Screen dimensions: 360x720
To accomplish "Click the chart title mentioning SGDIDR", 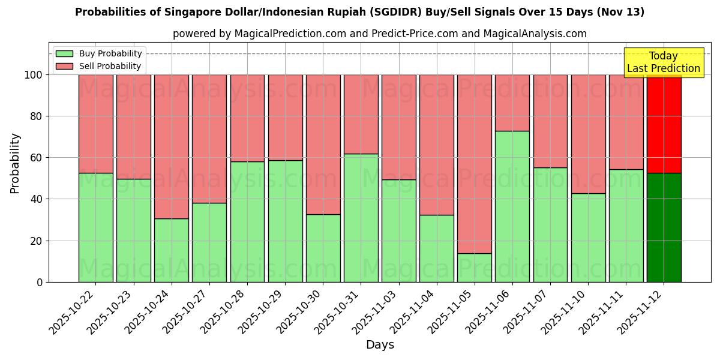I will coord(359,12).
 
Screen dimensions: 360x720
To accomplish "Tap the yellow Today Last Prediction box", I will coord(663,62).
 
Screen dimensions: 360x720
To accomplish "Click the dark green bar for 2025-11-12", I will coord(664,227).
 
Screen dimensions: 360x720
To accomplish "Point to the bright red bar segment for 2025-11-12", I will coord(664,124).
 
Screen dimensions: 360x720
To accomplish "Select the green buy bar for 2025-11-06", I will coord(512,206).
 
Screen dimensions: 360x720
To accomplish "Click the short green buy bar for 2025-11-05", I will coord(475,268).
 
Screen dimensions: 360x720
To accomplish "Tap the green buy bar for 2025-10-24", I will coord(172,250).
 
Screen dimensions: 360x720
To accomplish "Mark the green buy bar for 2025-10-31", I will coord(361,218).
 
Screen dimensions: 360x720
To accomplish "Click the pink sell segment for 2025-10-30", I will coord(323,144).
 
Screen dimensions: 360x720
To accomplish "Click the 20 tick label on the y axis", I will coord(37,241).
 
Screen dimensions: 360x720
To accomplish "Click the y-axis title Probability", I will coord(15,163).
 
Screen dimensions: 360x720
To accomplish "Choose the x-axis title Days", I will coord(380,345).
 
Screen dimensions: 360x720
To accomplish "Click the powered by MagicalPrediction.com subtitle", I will coord(379,34).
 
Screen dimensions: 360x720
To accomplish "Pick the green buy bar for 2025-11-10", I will coord(588,238).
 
